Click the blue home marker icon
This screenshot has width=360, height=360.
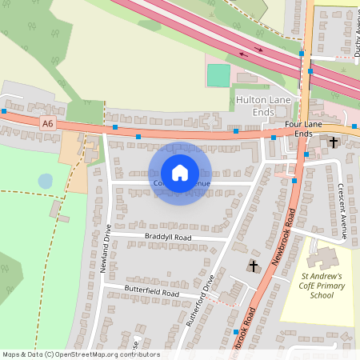tap(180, 173)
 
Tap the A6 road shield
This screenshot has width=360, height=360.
tap(48, 123)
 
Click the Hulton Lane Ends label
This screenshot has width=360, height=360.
tap(266, 106)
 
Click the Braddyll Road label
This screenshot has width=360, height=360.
tap(169, 238)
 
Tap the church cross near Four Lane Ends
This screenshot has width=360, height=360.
tap(333, 142)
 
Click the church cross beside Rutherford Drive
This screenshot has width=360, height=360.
tap(254, 266)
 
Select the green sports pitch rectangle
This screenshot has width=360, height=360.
tap(218, 75)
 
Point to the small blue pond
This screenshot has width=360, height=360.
tap(46, 182)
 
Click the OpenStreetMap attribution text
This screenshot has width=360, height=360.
tap(80, 354)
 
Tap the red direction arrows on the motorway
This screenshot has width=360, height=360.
tap(258, 50)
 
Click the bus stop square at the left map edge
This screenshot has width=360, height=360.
tap(4, 111)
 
